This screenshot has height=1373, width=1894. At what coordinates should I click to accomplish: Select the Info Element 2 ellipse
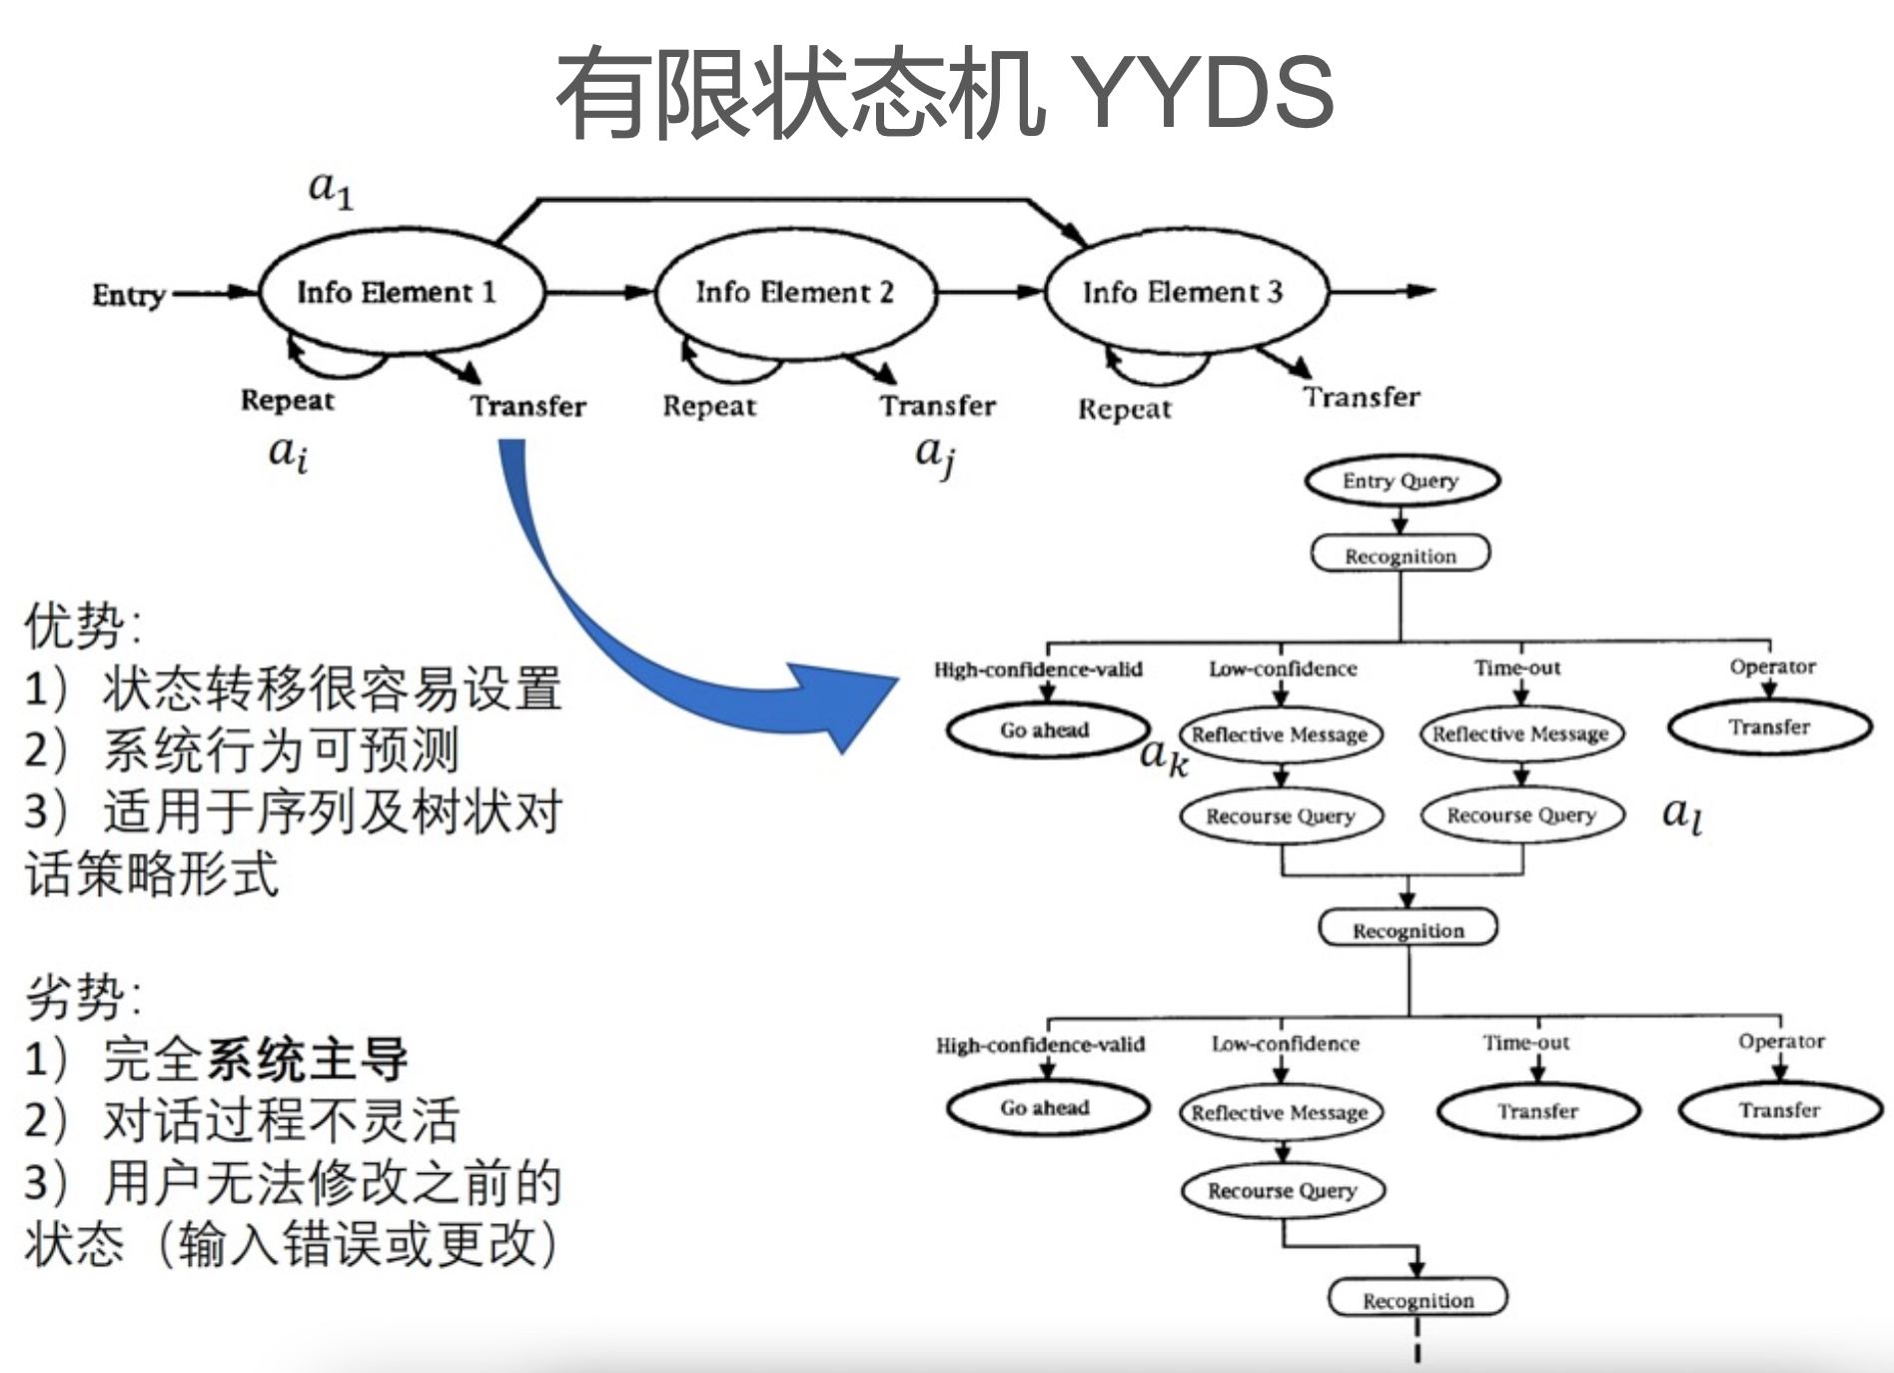coord(795,292)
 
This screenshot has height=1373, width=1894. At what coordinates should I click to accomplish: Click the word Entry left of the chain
coord(128,295)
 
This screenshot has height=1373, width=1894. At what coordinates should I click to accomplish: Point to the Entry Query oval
coord(1401,481)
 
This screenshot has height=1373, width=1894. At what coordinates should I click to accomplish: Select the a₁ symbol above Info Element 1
coord(331,188)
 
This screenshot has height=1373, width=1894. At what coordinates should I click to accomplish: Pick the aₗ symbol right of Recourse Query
coord(1681,813)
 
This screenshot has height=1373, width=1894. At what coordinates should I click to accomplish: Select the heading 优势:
coord(83,626)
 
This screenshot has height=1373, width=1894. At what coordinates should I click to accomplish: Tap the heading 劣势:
coord(83,996)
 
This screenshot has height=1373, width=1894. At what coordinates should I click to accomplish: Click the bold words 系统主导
coord(308,1058)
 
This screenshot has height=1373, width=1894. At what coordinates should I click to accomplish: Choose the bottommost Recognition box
coord(1418,1299)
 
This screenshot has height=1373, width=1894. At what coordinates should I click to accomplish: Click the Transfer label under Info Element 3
coord(1361,398)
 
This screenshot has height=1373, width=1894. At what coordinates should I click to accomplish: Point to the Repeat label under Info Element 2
coord(709,407)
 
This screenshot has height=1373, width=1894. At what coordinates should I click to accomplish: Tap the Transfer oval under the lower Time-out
coord(1538,1110)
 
